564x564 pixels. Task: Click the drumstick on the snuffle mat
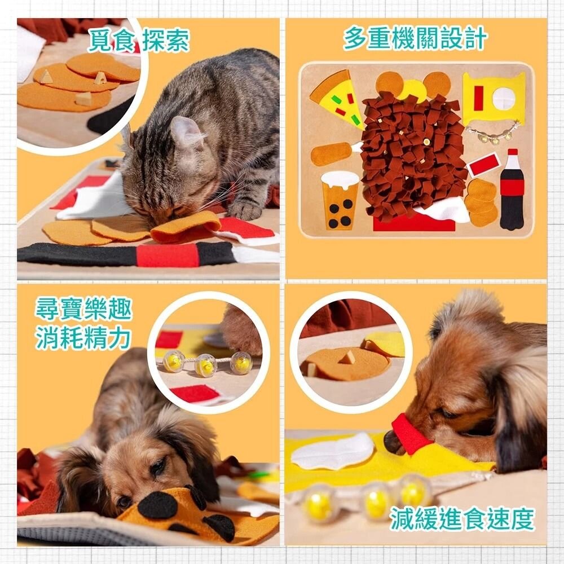pos(334,153)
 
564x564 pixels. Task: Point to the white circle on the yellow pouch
pos(503,99)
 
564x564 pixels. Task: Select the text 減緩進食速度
pos(462,519)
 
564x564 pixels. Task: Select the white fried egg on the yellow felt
pos(333,452)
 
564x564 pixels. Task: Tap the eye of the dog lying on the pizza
pos(158,466)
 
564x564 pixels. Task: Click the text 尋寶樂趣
pos(83,310)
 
